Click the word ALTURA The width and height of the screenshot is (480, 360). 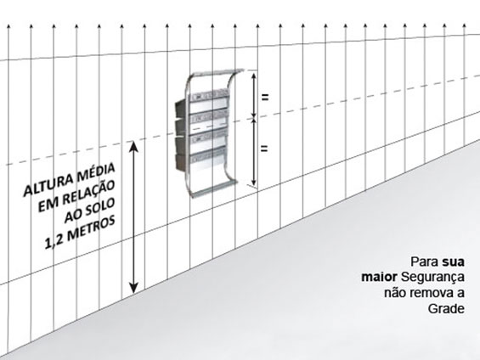click(47, 185)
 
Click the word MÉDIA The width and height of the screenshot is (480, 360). click(94, 172)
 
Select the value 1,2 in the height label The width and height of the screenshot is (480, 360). click(54, 241)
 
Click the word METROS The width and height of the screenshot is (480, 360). click(91, 228)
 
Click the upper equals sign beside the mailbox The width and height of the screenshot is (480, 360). click(265, 98)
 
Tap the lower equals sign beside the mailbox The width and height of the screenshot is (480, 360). click(264, 149)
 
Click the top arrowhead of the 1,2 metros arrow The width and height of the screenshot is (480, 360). click(133, 146)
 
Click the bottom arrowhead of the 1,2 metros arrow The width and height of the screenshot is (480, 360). click(133, 288)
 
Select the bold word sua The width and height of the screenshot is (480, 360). click(453, 262)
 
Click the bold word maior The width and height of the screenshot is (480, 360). click(379, 277)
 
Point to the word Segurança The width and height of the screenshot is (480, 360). click(432, 278)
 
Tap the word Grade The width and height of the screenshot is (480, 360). click(446, 308)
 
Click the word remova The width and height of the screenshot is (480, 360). click(432, 293)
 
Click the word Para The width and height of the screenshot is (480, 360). click(425, 262)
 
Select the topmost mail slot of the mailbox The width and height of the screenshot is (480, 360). click(209, 95)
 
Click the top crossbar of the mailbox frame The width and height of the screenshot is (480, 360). click(217, 73)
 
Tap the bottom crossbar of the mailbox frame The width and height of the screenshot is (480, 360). click(214, 188)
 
